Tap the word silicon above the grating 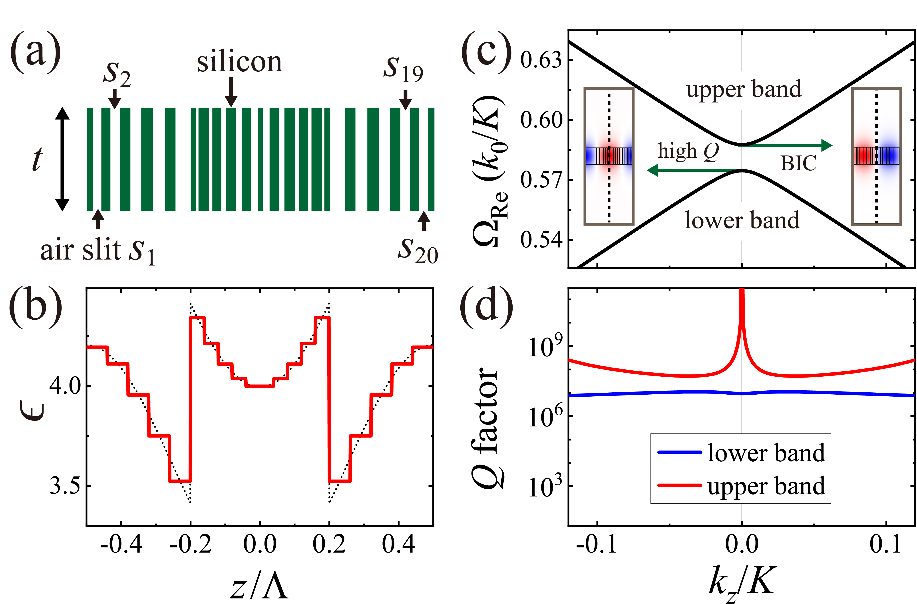click(x=239, y=62)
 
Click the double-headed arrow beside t click(x=62, y=159)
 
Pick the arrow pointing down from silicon click(x=231, y=92)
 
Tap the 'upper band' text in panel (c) click(x=744, y=89)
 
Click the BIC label click(x=798, y=163)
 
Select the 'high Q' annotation click(x=688, y=151)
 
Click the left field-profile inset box click(x=609, y=156)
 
